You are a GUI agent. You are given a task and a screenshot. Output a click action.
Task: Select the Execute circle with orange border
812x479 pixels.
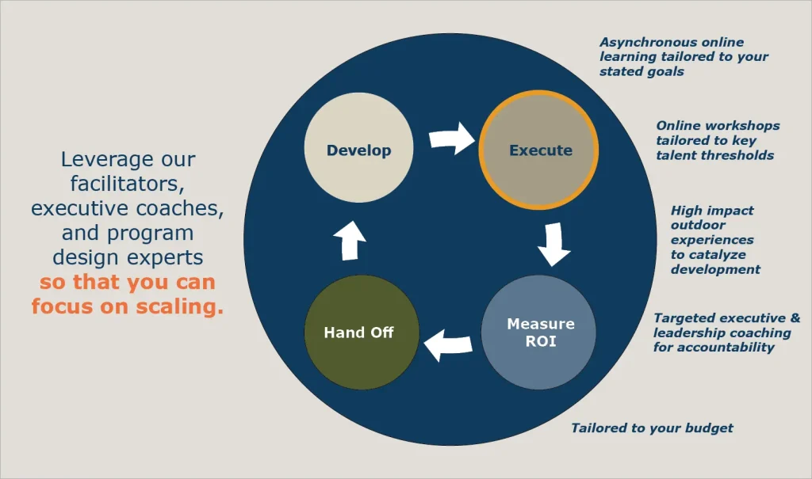540,150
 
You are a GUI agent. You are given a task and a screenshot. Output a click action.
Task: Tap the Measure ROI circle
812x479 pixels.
540,333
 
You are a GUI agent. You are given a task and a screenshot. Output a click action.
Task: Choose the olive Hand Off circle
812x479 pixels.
359,333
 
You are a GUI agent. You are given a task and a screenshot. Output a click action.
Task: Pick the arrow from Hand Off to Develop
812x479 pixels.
348,238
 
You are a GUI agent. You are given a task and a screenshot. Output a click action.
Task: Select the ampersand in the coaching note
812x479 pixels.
795,318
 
